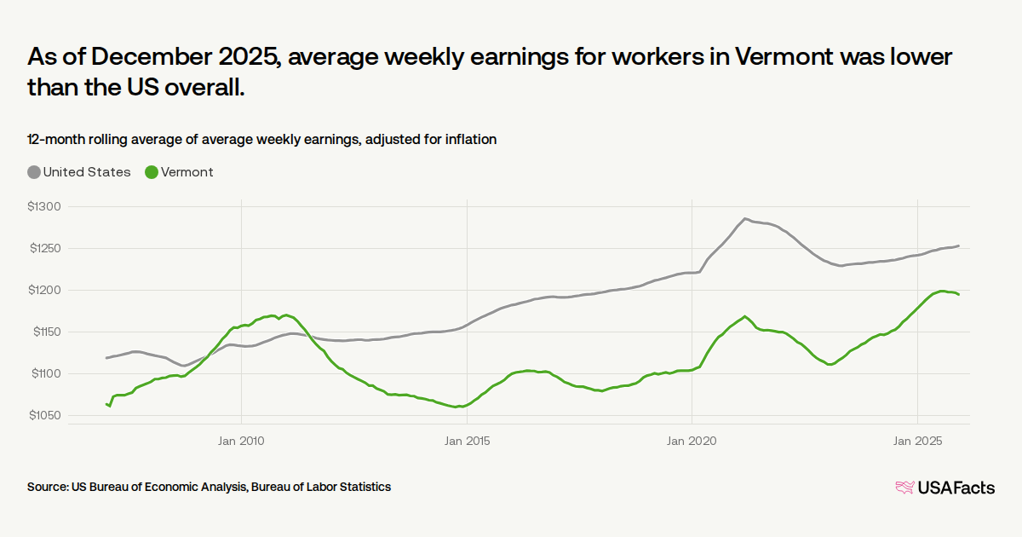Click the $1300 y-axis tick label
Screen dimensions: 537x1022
pos(45,207)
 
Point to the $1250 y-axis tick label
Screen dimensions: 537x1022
pos(45,249)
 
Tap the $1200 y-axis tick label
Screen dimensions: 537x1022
pos(45,291)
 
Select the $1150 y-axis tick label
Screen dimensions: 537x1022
pos(45,332)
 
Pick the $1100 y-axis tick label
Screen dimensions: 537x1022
pos(45,374)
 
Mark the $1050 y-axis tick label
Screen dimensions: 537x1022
pos(45,416)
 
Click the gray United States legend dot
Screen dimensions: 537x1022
pos(34,172)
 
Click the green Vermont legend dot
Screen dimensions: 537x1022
pos(152,172)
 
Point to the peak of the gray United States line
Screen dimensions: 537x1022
pos(745,219)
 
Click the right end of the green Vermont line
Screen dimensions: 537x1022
pos(959,294)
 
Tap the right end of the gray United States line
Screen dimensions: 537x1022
pos(959,246)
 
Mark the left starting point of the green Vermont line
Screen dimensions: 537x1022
pos(106,404)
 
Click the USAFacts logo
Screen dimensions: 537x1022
pos(945,488)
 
